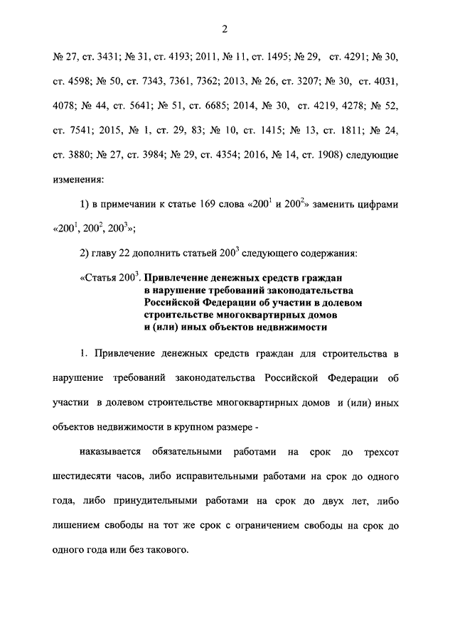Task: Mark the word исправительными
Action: coord(207,476)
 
